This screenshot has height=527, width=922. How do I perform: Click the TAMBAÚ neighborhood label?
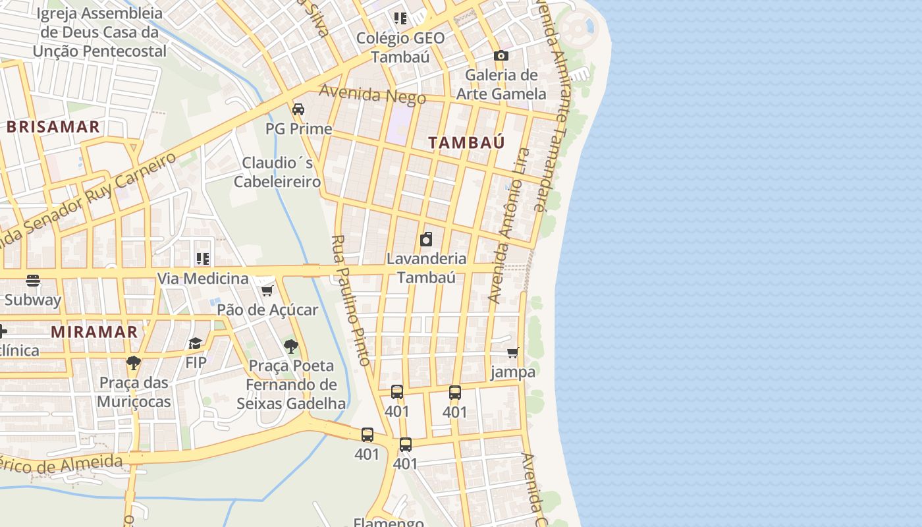[x=466, y=142]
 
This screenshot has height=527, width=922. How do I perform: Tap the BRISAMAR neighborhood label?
[x=53, y=127]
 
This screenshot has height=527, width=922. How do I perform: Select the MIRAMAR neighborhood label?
[x=94, y=331]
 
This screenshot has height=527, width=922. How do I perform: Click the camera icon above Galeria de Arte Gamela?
[x=501, y=56]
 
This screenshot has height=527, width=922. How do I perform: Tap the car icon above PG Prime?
[x=298, y=109]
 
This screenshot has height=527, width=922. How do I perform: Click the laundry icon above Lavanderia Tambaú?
[x=426, y=238]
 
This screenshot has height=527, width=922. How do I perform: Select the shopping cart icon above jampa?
[x=513, y=352]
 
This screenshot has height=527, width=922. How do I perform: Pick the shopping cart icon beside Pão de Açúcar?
[x=267, y=291]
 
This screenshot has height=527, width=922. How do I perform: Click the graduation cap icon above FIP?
[x=196, y=343]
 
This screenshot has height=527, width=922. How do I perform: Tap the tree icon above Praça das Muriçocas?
[x=134, y=362]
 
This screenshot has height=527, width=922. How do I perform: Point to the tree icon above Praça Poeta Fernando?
[x=290, y=346]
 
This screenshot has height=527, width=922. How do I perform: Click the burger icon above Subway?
[x=33, y=281]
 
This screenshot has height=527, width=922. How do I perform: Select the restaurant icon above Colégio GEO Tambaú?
[x=400, y=18]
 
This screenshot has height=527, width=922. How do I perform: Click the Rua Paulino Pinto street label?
[x=350, y=300]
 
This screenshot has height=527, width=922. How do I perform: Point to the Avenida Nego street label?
[x=373, y=95]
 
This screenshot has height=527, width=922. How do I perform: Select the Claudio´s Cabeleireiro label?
[x=277, y=172]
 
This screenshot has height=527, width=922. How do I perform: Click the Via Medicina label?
[x=202, y=279]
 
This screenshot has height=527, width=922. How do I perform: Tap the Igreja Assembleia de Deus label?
[x=100, y=32]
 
